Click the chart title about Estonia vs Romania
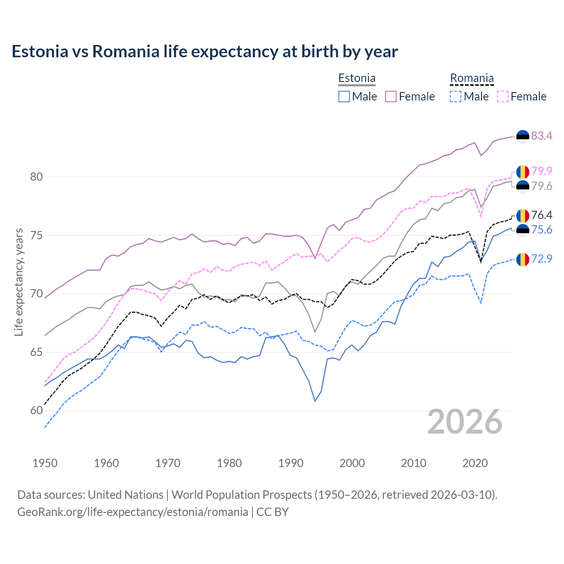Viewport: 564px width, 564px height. pyautogui.click(x=204, y=52)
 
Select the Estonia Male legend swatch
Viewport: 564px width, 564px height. pyautogui.click(x=344, y=96)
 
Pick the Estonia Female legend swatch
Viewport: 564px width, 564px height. pyautogui.click(x=391, y=96)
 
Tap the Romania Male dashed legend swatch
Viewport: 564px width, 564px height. pyautogui.click(x=456, y=96)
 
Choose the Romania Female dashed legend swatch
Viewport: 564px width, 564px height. pyautogui.click(x=503, y=96)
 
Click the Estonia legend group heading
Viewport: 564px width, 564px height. pyautogui.click(x=357, y=78)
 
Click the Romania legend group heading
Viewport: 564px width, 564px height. pyautogui.click(x=471, y=78)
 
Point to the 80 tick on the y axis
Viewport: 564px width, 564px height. pyautogui.click(x=37, y=177)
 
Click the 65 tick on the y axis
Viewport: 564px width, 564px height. pyautogui.click(x=37, y=352)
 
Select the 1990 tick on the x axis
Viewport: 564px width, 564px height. pyautogui.click(x=291, y=463)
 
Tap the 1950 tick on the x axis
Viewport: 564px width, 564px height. pyautogui.click(x=45, y=463)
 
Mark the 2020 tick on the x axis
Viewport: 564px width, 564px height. pyautogui.click(x=475, y=463)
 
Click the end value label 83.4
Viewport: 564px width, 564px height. pyautogui.click(x=542, y=136)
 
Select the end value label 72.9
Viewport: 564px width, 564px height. pyautogui.click(x=542, y=259)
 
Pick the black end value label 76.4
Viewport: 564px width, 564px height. pyautogui.click(x=542, y=215)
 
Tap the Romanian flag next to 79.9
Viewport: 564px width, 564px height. pyautogui.click(x=523, y=171)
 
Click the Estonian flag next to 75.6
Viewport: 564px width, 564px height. pyautogui.click(x=523, y=230)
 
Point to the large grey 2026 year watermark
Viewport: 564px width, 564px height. pyautogui.click(x=465, y=422)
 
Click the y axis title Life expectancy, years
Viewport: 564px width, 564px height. pyautogui.click(x=19, y=282)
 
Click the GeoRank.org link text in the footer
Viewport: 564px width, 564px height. pyautogui.click(x=133, y=512)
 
